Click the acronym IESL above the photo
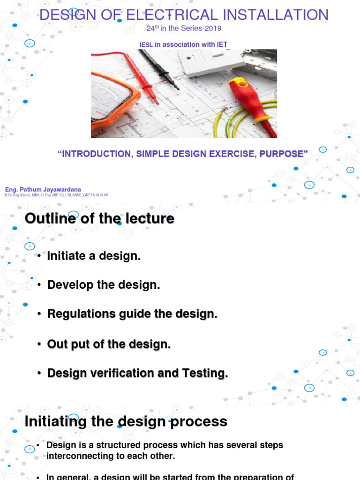(146, 45)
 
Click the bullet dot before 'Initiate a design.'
(40, 256)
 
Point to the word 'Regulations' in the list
(76, 315)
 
